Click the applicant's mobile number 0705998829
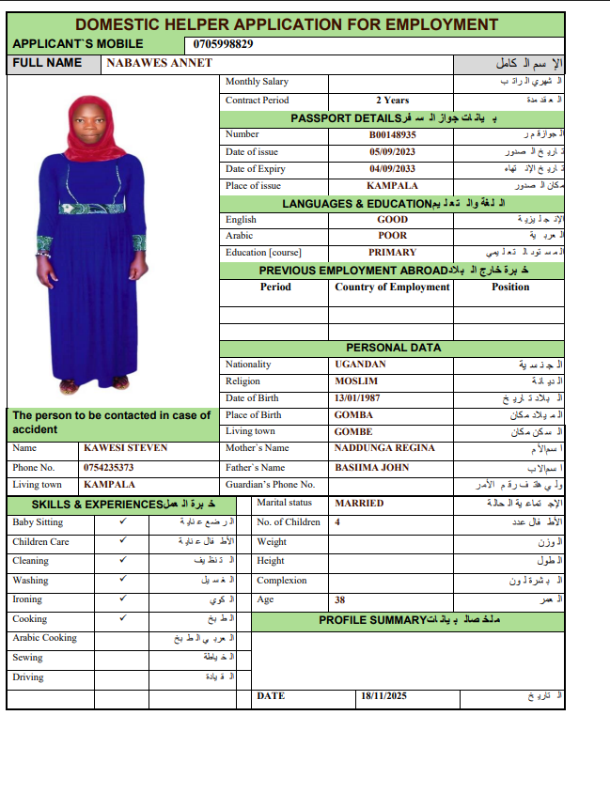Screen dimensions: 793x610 point(224,44)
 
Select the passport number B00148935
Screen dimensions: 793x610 point(392,134)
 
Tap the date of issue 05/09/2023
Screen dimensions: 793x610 point(392,151)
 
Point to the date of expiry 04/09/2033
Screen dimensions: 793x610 point(392,169)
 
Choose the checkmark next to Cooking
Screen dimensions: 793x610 point(123,619)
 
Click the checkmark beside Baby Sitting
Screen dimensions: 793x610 point(123,522)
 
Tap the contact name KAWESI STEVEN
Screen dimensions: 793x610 point(125,448)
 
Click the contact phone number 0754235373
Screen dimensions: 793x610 point(109,467)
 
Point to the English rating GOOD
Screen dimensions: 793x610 point(392,220)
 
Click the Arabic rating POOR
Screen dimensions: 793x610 point(392,236)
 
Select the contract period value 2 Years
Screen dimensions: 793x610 point(392,100)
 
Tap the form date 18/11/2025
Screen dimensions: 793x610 point(384,696)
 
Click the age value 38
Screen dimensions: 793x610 point(340,599)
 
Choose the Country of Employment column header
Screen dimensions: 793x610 point(392,288)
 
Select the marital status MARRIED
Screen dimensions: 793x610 point(359,504)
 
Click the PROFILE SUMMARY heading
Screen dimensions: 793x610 point(372,621)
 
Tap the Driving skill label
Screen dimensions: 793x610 point(28,676)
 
